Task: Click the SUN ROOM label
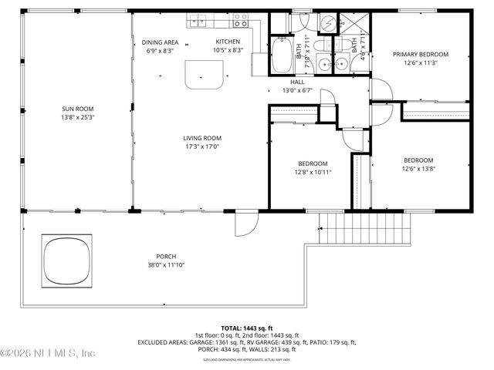(77, 109)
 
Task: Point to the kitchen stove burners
(242, 17)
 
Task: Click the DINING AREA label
(160, 42)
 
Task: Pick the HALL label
(297, 82)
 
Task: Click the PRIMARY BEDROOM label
(420, 54)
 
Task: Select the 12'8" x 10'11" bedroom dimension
(313, 172)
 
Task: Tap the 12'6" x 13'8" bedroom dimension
(420, 169)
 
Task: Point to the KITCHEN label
(228, 42)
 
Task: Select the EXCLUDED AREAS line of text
(247, 341)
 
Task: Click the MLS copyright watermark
(48, 354)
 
